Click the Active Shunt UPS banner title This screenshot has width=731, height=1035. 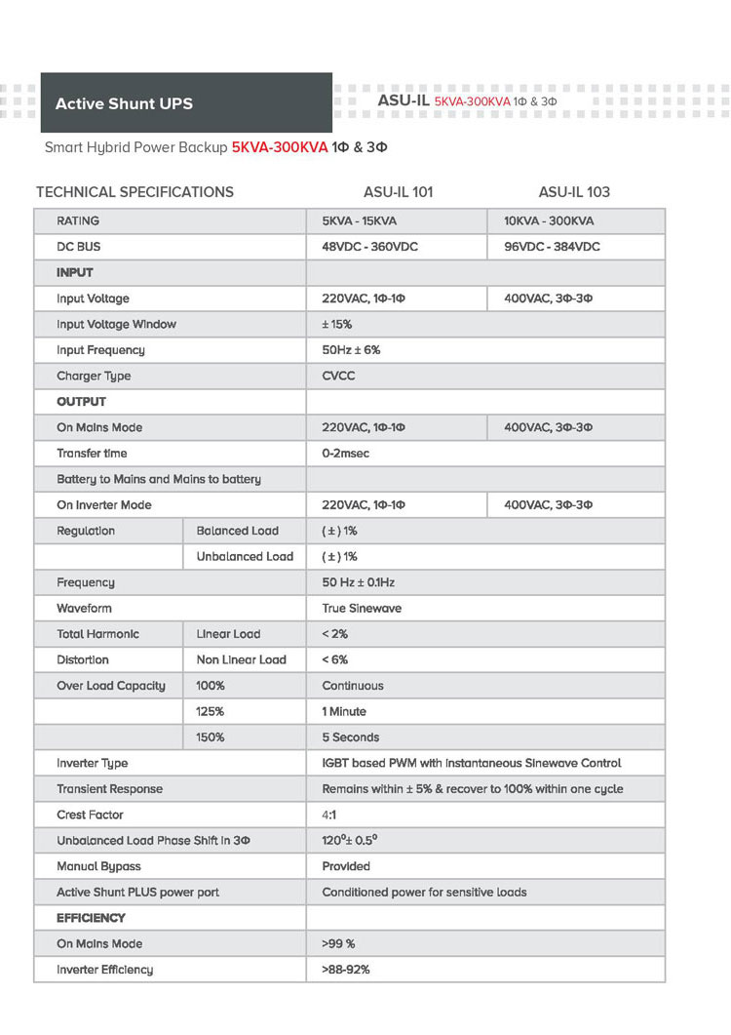[x=124, y=103]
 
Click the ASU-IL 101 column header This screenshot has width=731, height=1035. [x=397, y=192]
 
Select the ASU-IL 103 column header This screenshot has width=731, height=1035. [x=574, y=192]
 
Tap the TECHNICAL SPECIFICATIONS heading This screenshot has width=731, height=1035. [x=135, y=192]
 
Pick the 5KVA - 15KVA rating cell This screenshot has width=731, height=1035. [x=360, y=221]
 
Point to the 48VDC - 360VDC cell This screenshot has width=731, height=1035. [x=369, y=247]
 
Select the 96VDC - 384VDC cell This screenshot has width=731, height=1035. [x=552, y=247]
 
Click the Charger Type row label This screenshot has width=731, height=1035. [x=94, y=376]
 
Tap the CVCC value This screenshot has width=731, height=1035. [x=339, y=376]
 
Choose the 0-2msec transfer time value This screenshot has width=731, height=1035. [x=346, y=454]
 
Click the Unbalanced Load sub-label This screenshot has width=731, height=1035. [x=245, y=557]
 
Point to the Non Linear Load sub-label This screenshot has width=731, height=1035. [x=242, y=660]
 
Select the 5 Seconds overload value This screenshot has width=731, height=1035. [x=351, y=737]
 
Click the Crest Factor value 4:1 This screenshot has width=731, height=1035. [x=329, y=815]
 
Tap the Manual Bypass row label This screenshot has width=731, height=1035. [x=98, y=866]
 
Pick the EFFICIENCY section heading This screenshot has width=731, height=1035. [x=91, y=918]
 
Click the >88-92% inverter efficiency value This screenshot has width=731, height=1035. [x=346, y=970]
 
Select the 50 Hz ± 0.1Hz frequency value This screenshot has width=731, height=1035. [x=359, y=582]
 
